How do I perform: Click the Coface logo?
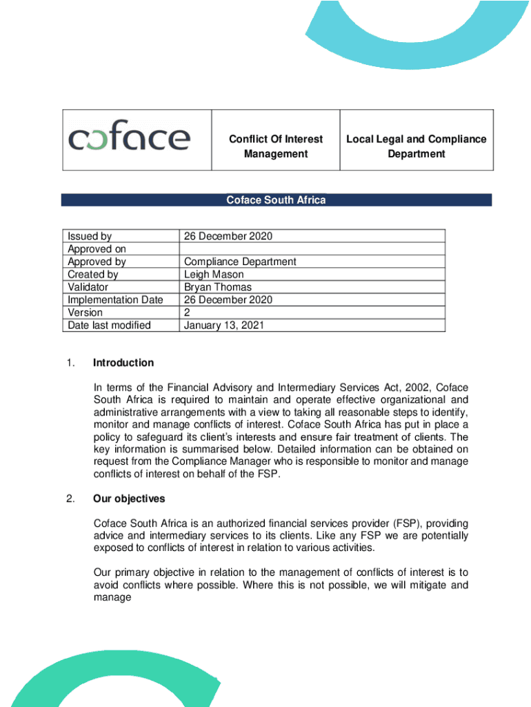(x=129, y=139)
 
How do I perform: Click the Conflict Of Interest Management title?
(x=276, y=146)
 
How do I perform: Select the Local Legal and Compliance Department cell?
(x=416, y=146)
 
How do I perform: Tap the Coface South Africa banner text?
(x=276, y=200)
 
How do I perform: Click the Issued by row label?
(x=90, y=236)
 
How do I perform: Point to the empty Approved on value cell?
(x=312, y=249)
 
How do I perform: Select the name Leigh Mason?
(x=214, y=275)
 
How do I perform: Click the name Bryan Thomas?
(x=218, y=287)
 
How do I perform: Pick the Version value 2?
(x=187, y=312)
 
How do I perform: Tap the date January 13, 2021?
(x=223, y=325)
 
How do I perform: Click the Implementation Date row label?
(x=115, y=300)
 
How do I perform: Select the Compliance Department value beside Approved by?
(x=240, y=262)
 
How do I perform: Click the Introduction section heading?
(x=123, y=363)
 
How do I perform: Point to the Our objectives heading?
(x=129, y=498)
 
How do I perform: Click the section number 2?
(x=71, y=498)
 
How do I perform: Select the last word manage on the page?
(x=112, y=598)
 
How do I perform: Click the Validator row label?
(x=88, y=287)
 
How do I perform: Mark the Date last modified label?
(x=109, y=325)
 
